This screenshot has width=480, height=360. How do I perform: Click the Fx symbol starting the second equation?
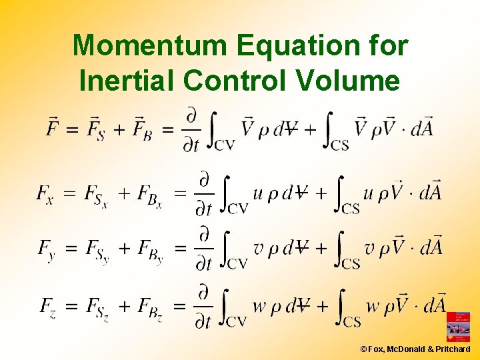[45, 195]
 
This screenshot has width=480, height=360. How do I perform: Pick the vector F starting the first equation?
[53, 126]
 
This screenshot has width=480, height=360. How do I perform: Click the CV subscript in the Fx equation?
[237, 209]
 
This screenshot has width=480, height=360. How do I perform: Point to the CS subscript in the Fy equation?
[351, 264]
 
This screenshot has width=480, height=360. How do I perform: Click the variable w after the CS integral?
[371, 307]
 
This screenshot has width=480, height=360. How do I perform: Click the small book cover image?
[457, 326]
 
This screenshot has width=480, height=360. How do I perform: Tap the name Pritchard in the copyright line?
[453, 349]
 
